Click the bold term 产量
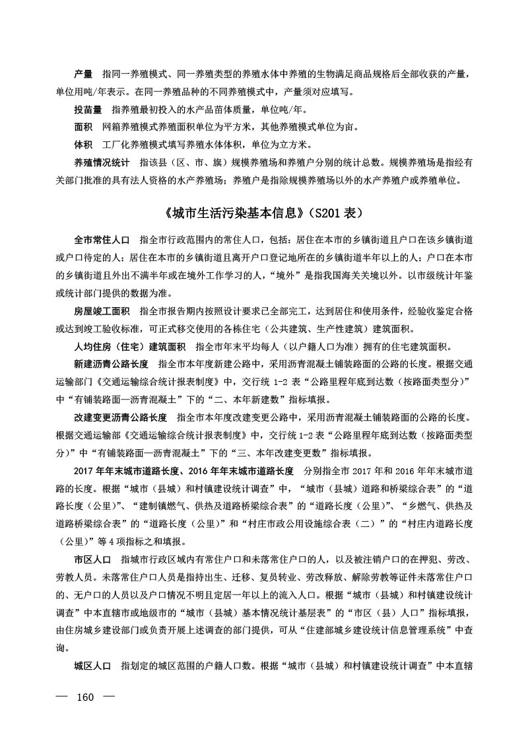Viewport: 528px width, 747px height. point(82,72)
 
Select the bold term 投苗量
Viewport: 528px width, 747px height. point(87,108)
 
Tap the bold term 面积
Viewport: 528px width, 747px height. point(82,126)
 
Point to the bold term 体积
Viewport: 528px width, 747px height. point(82,144)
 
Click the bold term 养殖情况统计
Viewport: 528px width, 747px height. point(101,162)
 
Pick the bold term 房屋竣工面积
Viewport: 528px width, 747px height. point(101,310)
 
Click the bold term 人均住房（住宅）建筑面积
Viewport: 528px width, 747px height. point(129,347)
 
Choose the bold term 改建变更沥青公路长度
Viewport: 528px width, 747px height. point(119,419)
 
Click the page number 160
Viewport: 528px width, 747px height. point(86,697)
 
